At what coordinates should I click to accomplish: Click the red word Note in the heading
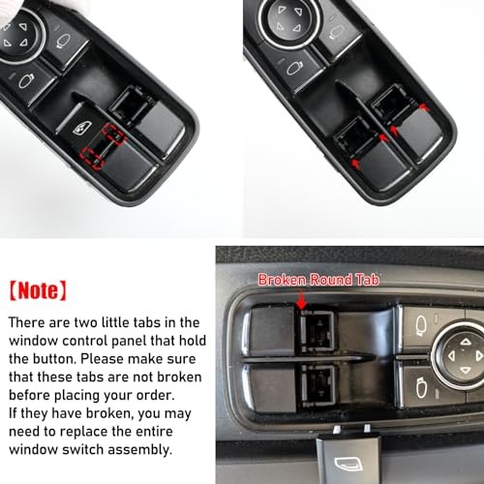[40, 287]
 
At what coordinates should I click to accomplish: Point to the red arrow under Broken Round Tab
[300, 303]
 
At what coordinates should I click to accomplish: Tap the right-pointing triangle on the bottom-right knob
[476, 354]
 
